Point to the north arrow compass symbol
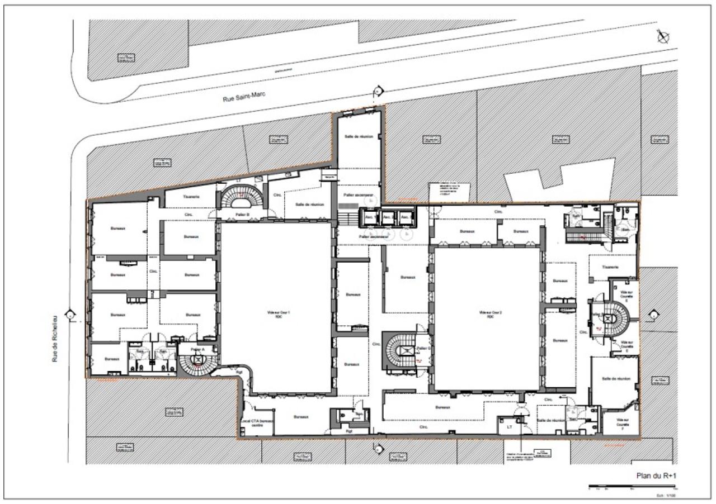(x=663, y=37)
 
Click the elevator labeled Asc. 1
(x=370, y=217)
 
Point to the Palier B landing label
(x=243, y=214)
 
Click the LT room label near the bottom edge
(x=509, y=426)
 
